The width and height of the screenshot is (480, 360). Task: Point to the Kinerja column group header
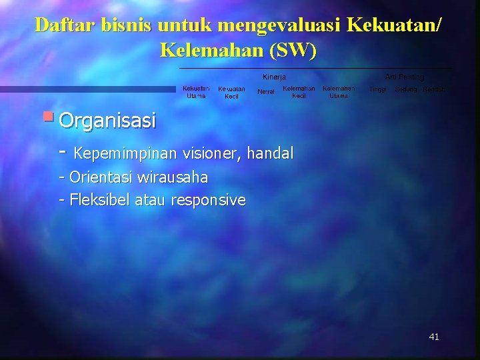pos(274,77)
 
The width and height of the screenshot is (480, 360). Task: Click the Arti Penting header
pos(404,77)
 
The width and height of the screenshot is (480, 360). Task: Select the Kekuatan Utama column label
pos(196,92)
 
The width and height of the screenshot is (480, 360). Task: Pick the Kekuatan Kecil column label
pos(231,93)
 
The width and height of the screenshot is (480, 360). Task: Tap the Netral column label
pos(266,91)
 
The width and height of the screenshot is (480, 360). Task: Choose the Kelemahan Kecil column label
pos(299,92)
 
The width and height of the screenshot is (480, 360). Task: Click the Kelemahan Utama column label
pos(339,92)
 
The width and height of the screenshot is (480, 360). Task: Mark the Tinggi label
pos(378,89)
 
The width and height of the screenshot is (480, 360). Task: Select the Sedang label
pos(405,89)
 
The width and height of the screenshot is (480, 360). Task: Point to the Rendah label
pos(434,89)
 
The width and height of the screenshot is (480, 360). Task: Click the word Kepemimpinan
pos(125,154)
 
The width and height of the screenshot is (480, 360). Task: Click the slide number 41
pos(434,337)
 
